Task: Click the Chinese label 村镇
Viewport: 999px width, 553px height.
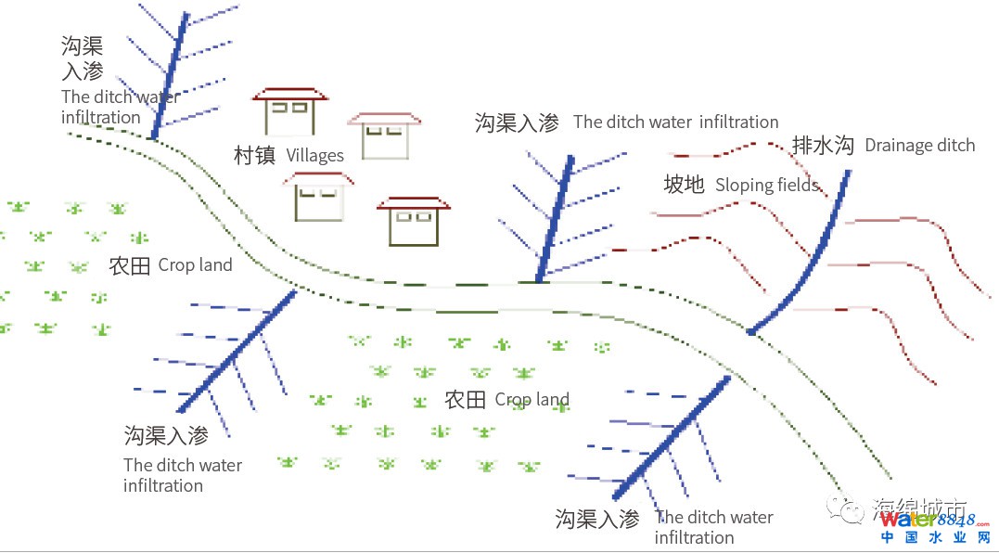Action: (x=254, y=155)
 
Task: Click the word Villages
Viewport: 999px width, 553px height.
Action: (x=314, y=155)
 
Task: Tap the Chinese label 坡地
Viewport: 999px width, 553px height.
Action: (x=684, y=185)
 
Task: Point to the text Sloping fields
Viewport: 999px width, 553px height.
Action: (x=767, y=185)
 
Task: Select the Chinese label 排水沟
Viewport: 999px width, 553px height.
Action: (x=822, y=146)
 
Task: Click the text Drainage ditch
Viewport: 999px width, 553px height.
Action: (x=919, y=146)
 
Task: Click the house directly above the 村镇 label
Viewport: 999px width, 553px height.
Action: (x=290, y=113)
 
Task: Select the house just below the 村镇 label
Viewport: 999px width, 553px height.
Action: (x=318, y=196)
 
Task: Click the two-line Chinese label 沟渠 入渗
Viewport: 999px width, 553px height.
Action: (x=82, y=58)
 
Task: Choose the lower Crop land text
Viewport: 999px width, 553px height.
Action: (x=532, y=400)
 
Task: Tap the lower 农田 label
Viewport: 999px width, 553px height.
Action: (x=465, y=400)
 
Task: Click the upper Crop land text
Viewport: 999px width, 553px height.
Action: (x=195, y=265)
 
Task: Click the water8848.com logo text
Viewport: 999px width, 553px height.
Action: (x=929, y=519)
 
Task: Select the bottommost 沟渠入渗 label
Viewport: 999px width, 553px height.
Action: (x=597, y=519)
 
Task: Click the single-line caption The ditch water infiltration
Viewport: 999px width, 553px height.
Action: (x=675, y=122)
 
